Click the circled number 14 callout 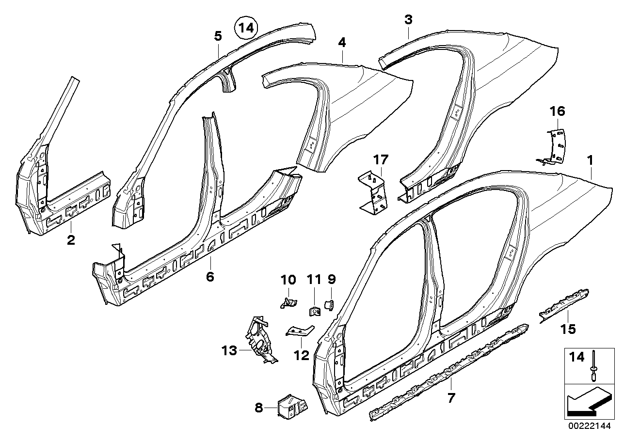[x=246, y=28]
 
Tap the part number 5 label [x=218, y=36]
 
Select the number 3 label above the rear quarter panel [x=408, y=20]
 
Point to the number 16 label [x=558, y=111]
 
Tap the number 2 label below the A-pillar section [x=71, y=240]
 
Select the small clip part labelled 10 [x=288, y=303]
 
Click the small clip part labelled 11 [x=315, y=311]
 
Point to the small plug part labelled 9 [x=330, y=305]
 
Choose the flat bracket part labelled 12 [x=300, y=331]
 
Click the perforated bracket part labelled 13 [x=261, y=340]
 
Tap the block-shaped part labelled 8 [x=292, y=407]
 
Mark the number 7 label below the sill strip [x=451, y=398]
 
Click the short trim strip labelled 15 [x=564, y=306]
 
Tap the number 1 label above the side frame [x=590, y=160]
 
